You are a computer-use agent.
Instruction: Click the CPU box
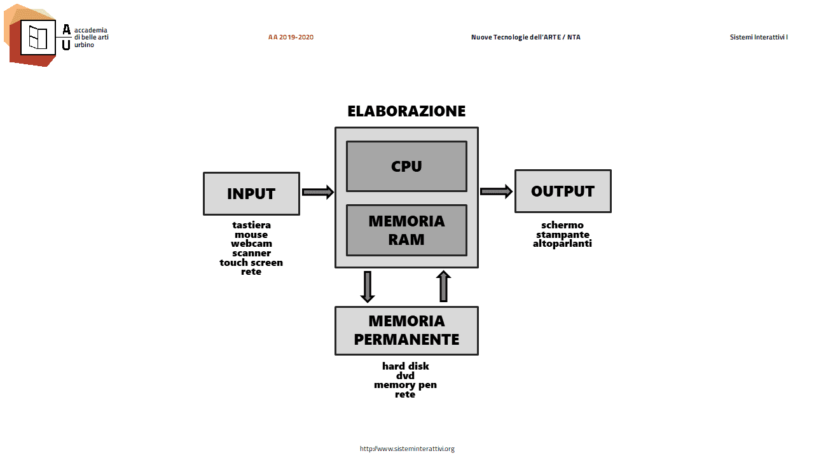406,166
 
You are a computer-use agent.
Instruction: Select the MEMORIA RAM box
406,230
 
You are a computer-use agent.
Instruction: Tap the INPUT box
251,194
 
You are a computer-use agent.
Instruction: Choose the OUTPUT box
563,191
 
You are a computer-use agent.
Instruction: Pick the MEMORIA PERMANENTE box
406,331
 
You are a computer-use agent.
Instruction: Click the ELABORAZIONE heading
406,111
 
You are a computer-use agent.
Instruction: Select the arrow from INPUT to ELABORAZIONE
317,192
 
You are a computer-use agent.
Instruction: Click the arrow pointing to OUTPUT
496,191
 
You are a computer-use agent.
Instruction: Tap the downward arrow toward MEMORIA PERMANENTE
368,287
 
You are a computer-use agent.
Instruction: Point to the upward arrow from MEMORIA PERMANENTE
443,286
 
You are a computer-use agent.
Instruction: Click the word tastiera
251,225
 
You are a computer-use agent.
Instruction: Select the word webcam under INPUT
251,244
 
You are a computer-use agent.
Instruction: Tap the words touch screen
251,263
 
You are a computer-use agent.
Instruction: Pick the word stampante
563,235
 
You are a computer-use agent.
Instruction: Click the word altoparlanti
562,244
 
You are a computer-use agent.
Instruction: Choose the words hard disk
406,366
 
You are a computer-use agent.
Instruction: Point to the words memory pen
406,385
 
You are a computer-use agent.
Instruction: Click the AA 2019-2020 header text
291,37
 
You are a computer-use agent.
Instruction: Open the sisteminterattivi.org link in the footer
407,449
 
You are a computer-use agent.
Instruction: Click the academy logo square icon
38,38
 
